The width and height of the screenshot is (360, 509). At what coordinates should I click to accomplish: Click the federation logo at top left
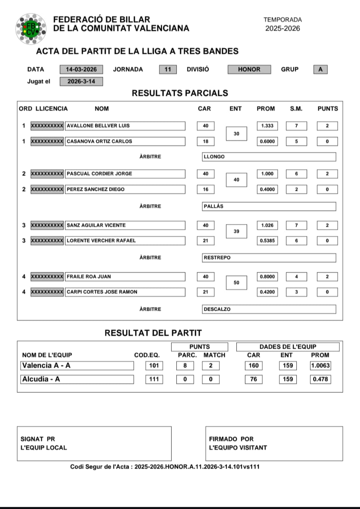point(30,29)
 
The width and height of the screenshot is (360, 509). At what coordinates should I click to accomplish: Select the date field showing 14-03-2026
point(81,70)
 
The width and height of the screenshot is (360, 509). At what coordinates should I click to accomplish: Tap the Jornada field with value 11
point(167,70)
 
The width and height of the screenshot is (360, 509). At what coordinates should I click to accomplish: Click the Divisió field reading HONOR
point(249,70)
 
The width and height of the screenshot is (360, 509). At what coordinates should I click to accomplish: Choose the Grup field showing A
point(320,70)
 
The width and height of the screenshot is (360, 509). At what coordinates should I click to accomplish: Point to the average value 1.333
point(267,126)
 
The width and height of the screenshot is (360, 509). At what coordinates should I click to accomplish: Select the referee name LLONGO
point(268,157)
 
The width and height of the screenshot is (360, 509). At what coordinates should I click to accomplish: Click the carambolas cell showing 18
point(205,141)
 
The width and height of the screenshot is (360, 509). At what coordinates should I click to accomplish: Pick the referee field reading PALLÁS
point(268,206)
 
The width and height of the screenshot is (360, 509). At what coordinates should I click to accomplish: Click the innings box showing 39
point(236,231)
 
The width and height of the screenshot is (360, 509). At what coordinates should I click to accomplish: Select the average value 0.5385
point(267,240)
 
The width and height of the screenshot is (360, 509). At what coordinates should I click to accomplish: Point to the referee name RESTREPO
point(268,257)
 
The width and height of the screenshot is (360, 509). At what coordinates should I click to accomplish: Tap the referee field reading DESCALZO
point(268,309)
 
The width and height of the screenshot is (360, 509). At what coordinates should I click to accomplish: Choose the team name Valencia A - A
point(77,366)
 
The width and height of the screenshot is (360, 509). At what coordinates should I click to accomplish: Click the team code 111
point(154,379)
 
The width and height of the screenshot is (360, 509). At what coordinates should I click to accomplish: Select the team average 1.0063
point(320,366)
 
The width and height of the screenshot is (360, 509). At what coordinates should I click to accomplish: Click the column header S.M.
point(296,109)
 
